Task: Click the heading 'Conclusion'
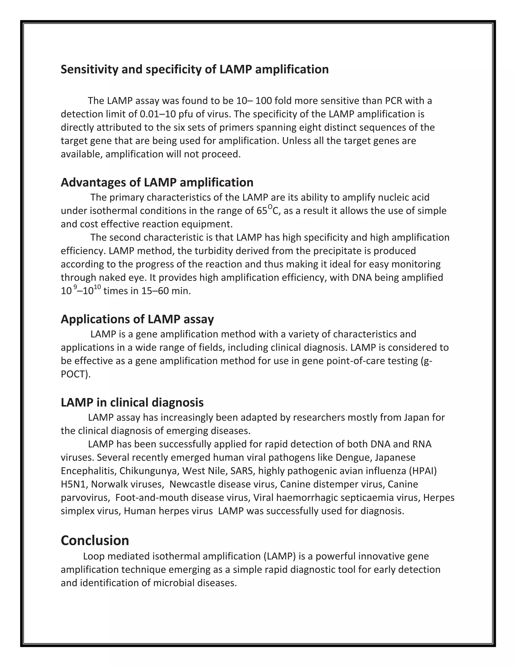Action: click(x=95, y=540)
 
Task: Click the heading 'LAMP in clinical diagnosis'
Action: click(x=132, y=402)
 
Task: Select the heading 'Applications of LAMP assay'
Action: click(x=137, y=319)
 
